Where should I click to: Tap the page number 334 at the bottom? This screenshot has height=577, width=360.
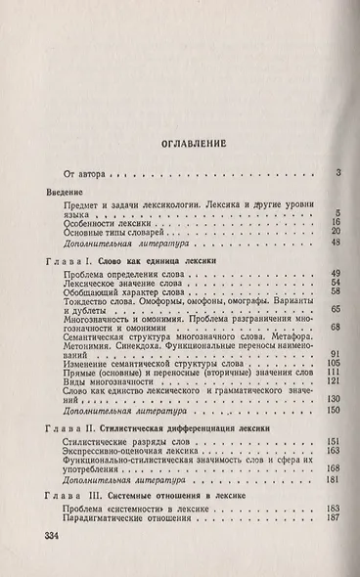coord(47,541)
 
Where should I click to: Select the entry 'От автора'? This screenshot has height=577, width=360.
coord(82,175)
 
